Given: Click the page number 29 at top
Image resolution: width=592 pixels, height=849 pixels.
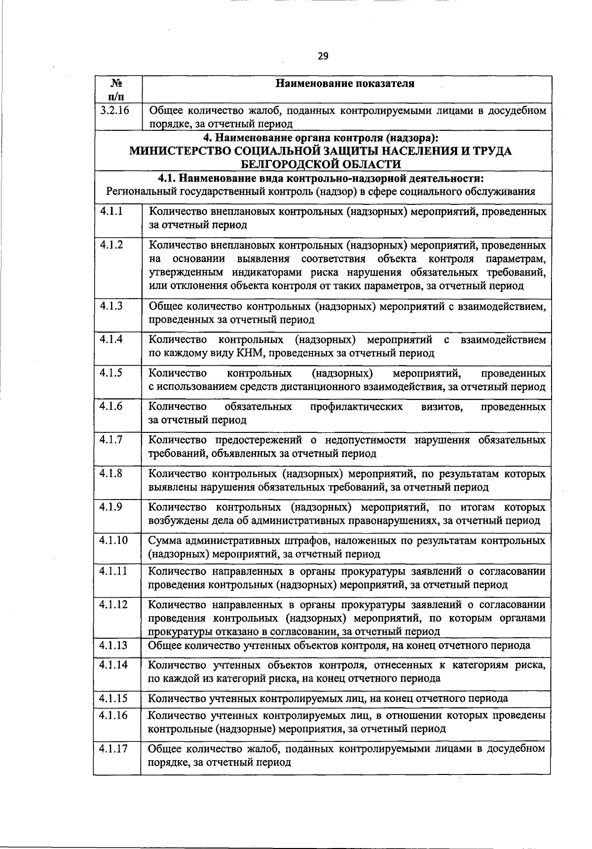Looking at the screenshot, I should click(323, 56).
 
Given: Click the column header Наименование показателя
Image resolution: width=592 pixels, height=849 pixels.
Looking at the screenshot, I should click(345, 83).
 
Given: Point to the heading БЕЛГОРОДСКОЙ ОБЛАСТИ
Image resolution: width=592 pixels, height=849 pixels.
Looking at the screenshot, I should click(321, 164).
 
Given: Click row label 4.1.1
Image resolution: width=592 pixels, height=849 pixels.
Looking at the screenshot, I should click(111, 212).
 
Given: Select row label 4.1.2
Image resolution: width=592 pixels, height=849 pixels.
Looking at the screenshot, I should click(111, 245).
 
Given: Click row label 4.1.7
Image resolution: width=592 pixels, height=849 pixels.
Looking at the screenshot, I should click(111, 440).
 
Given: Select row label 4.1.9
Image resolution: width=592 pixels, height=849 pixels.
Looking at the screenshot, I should click(111, 507).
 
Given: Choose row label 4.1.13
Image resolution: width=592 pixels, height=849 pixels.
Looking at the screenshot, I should click(113, 645).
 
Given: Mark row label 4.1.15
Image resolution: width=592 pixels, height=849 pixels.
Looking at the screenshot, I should click(113, 698).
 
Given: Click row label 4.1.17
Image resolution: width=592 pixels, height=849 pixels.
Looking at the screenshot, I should click(113, 749).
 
